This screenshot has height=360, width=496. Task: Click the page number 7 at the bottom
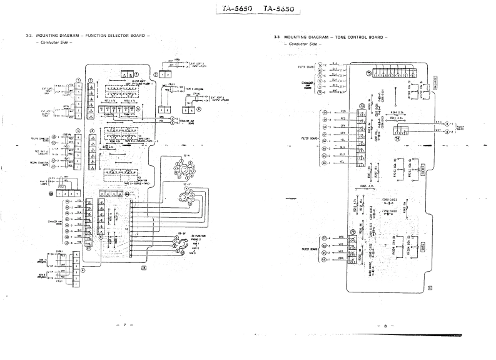pyautogui.click(x=124, y=325)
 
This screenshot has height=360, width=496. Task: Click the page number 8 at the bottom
pyautogui.click(x=386, y=326)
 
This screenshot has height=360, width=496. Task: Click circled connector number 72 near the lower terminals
pyautogui.click(x=353, y=232)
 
